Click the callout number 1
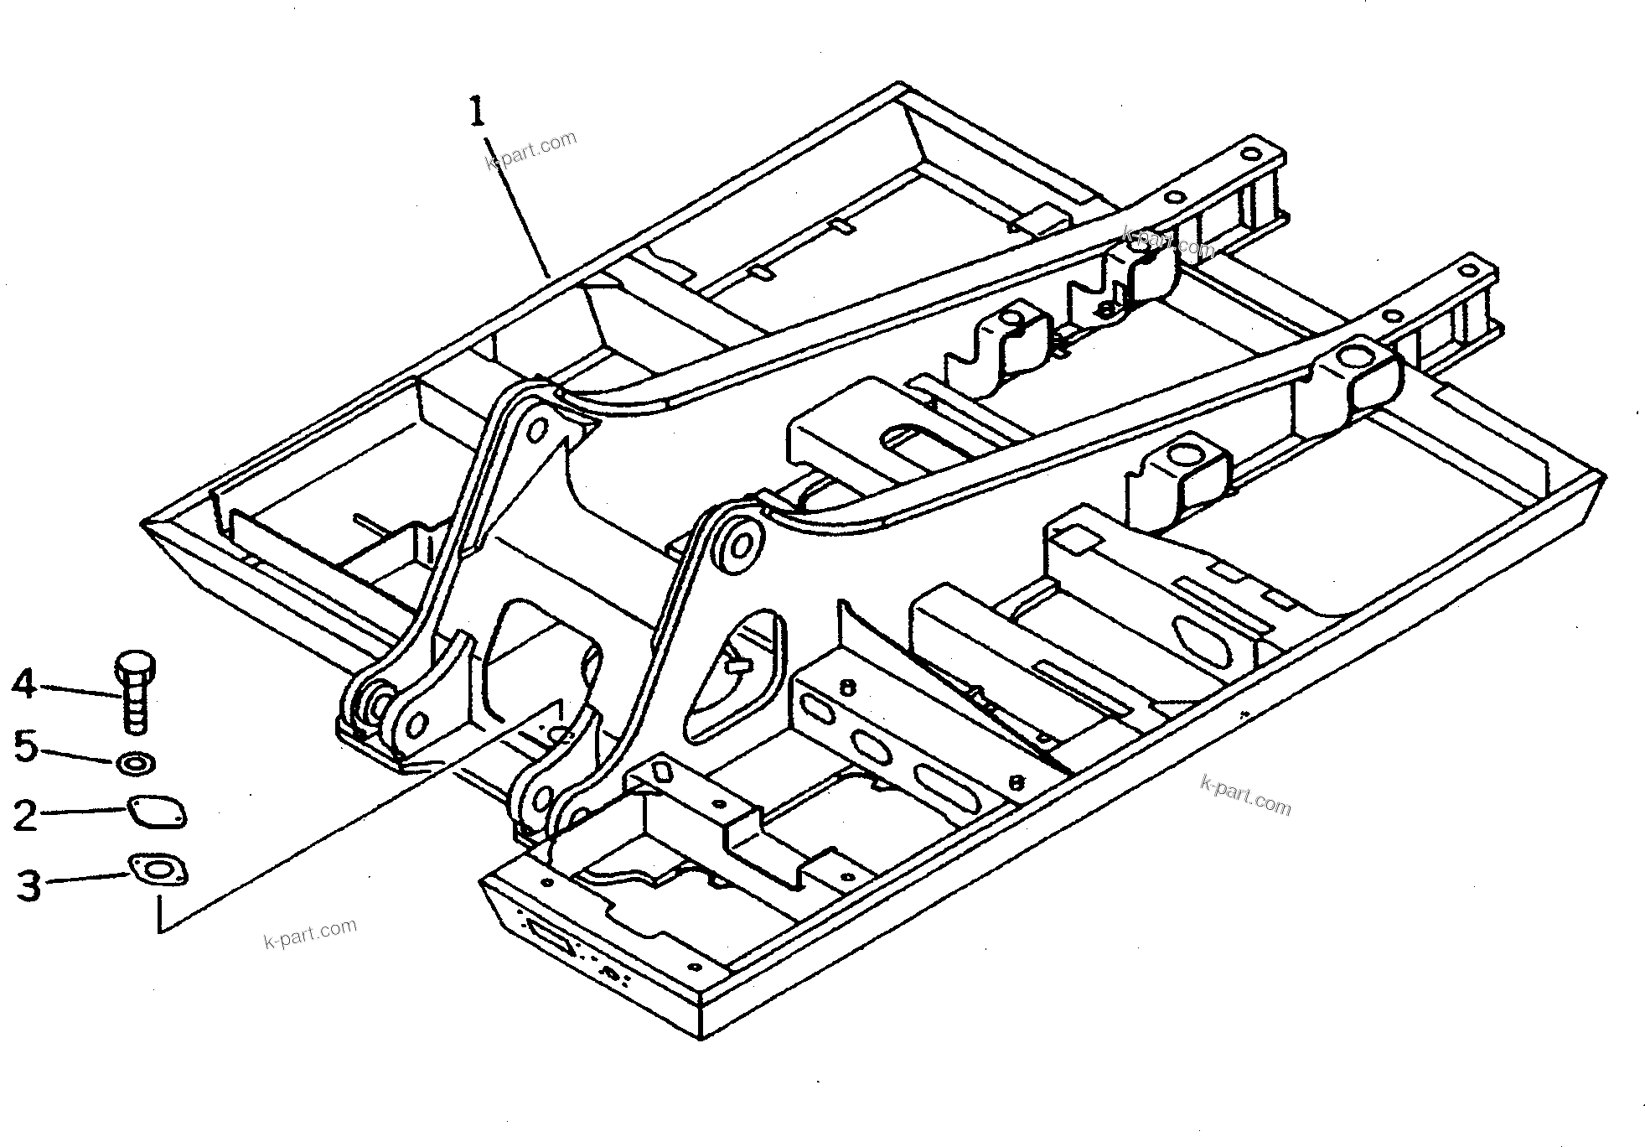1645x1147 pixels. coord(476,112)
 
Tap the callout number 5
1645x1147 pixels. coord(25,746)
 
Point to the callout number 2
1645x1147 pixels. coord(25,815)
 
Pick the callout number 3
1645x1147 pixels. coord(28,885)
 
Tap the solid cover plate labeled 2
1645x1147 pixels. coord(157,812)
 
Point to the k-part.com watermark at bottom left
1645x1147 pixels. coord(310,932)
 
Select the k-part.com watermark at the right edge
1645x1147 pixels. coord(1245,794)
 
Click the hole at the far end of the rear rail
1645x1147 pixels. coord(1250,154)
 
